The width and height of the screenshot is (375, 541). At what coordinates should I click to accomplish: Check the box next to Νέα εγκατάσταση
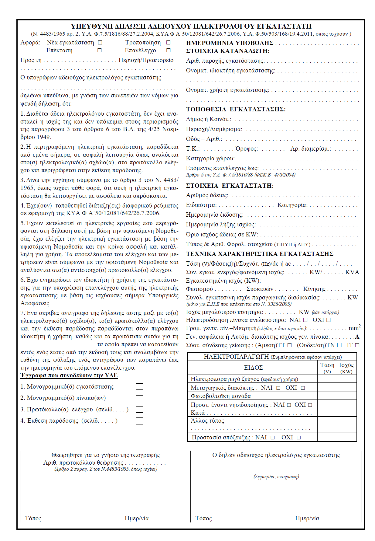point(100,43)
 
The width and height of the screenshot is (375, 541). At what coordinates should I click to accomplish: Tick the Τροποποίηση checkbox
point(169,43)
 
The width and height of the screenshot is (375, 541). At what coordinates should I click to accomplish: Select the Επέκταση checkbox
point(99,51)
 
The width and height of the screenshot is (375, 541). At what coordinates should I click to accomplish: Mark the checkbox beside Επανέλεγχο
point(169,51)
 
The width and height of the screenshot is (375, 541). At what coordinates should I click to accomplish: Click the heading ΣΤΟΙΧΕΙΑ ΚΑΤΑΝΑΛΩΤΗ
point(228,51)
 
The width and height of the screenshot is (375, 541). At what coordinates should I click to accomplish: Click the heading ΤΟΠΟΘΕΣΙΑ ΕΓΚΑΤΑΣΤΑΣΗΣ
point(236,110)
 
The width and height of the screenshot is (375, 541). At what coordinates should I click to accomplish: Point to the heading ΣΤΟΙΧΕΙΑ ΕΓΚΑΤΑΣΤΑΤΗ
point(230,186)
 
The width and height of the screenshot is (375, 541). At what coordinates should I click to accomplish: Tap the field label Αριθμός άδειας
point(207,195)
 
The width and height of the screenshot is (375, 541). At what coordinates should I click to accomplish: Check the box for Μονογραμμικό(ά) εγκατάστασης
point(139,387)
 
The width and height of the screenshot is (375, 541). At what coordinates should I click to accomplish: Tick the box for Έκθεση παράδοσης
point(139,421)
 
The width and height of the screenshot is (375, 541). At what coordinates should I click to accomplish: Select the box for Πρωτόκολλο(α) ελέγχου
point(139,410)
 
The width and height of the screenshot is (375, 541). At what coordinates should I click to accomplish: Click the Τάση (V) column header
point(327,368)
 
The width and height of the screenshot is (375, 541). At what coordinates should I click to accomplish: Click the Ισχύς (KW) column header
point(346,368)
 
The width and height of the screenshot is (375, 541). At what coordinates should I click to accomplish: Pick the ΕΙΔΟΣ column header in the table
point(253,368)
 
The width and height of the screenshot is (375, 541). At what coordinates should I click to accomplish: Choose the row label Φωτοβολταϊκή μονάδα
point(221,396)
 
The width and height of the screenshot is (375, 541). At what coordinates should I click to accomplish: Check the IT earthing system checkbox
point(357,345)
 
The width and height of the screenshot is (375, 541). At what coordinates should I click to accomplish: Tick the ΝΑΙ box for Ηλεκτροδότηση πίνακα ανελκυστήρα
point(305,320)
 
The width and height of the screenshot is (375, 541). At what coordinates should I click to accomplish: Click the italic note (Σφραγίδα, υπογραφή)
point(276,477)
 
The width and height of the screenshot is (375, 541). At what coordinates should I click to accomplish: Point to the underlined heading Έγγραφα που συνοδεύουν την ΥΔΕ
point(69,375)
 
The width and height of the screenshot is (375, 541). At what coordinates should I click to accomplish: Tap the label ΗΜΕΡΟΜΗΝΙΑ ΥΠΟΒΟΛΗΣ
point(230,43)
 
